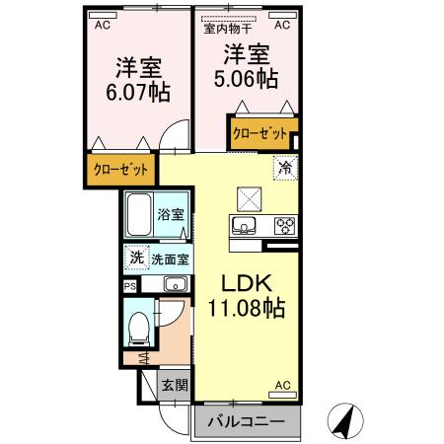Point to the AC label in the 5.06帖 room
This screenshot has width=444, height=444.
tap(281, 27)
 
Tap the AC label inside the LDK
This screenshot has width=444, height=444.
tap(282, 385)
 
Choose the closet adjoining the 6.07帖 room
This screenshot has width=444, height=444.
tap(121, 169)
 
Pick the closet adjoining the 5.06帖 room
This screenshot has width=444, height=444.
tap(259, 132)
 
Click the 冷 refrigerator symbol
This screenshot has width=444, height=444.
tap(285, 169)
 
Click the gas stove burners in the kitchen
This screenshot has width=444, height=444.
tap(284, 227)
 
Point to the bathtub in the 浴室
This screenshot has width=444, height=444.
tap(138, 213)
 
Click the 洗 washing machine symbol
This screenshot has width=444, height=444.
tap(136, 259)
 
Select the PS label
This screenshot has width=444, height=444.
tap(130, 285)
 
